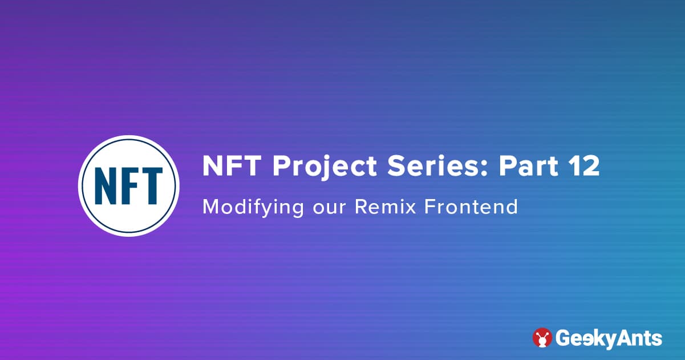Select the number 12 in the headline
pos(585,167)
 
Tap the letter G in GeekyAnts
pos(564,338)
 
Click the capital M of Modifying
pos(211,207)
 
